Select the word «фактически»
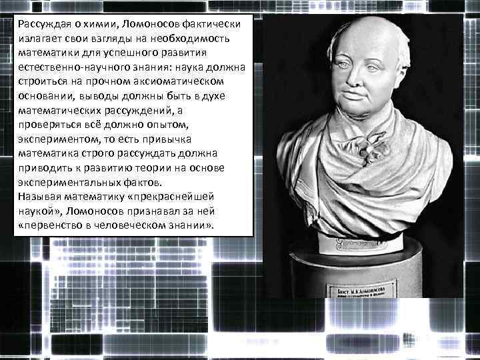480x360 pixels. pos(214,25)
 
